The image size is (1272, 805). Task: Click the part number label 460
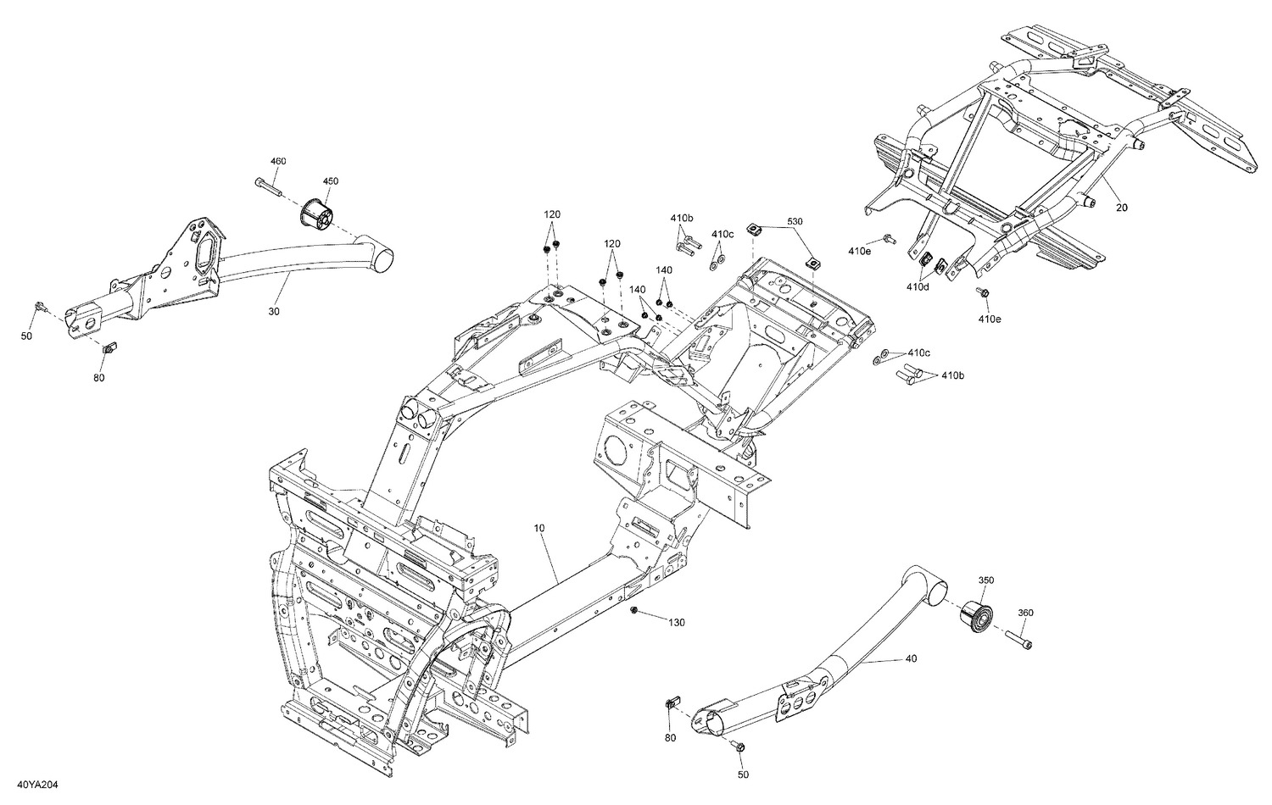pos(278,161)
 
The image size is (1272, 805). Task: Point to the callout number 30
pos(273,312)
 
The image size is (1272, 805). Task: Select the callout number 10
pos(539,528)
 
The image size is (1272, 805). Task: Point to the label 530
pos(794,221)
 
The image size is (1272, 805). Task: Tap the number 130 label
pos(676,623)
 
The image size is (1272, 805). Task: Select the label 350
pos(986,580)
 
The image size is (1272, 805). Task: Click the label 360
pos(1025,613)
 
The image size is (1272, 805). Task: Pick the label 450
pos(330,181)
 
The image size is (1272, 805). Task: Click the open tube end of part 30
pos(385,258)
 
